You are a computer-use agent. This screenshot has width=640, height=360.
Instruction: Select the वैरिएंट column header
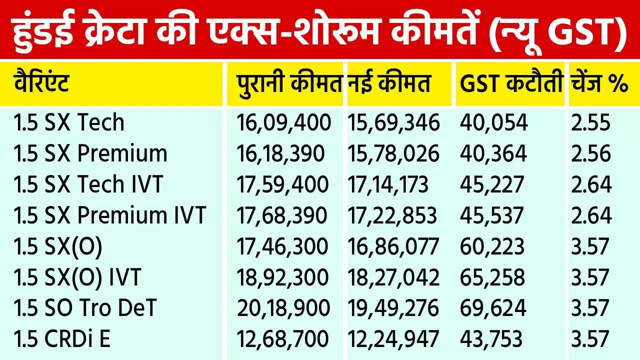tap(41, 84)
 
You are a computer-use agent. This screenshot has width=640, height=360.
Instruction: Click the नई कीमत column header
tap(389, 84)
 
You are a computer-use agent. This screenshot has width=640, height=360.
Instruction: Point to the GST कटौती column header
tap(511, 84)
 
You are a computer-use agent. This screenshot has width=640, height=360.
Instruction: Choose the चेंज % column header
tap(598, 84)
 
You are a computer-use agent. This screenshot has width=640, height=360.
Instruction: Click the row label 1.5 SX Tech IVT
tap(88, 185)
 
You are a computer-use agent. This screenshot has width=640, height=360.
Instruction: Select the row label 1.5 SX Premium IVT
tap(110, 216)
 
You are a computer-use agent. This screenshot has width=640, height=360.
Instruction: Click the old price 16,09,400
tap(283, 123)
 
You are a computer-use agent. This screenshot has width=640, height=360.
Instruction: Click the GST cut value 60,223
tap(492, 247)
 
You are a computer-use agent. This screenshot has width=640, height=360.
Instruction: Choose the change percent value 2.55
tap(590, 123)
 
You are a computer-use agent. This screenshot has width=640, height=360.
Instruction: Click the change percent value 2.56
tap(590, 154)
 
